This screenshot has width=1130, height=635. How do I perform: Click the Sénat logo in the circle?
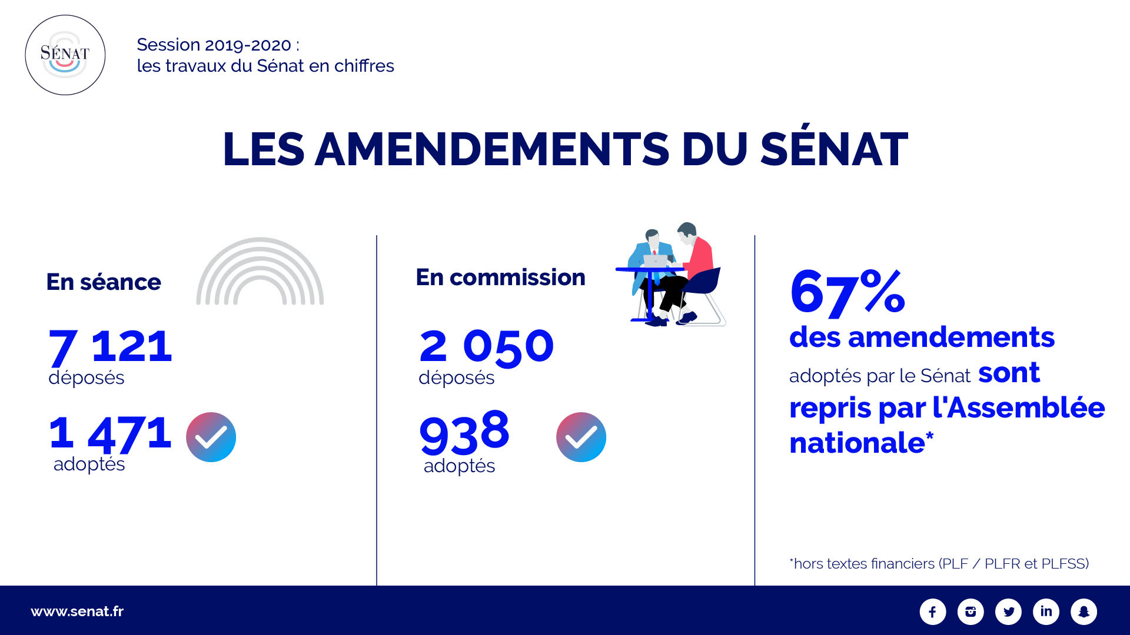(x=65, y=55)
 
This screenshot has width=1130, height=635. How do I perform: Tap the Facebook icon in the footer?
(x=933, y=611)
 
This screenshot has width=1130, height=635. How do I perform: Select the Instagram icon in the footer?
(x=971, y=611)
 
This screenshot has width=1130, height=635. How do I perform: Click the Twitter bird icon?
(x=1008, y=611)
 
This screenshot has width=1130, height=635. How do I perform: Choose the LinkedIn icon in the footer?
(x=1046, y=611)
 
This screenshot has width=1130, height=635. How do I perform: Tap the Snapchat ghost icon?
(x=1084, y=611)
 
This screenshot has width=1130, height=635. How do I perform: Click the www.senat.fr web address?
(x=77, y=611)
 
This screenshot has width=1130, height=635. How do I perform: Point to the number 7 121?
(x=110, y=346)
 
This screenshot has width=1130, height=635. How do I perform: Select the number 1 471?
(x=110, y=433)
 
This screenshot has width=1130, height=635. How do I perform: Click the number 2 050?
(x=486, y=346)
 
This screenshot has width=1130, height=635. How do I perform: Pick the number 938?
(x=464, y=433)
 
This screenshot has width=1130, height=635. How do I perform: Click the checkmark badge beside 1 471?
(x=211, y=437)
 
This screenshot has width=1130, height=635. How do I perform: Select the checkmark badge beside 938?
(x=581, y=437)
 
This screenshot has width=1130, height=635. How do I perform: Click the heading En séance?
(x=104, y=282)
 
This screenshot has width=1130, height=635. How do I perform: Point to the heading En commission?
(x=500, y=278)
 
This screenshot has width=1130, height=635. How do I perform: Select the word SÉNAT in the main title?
(x=834, y=149)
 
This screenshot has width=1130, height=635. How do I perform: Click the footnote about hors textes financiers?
(x=939, y=563)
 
